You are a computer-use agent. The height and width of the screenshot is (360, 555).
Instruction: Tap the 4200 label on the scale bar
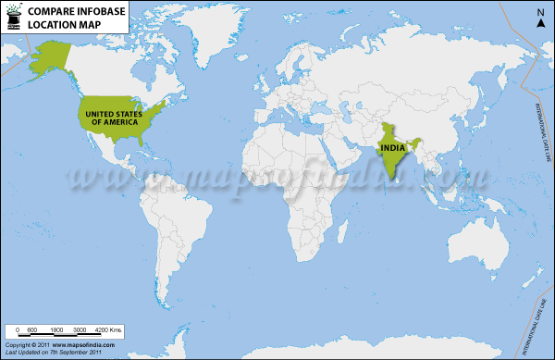(106, 330)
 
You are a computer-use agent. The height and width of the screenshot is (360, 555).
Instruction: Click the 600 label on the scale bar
(31, 330)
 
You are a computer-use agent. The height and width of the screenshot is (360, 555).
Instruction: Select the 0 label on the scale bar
(17, 330)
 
